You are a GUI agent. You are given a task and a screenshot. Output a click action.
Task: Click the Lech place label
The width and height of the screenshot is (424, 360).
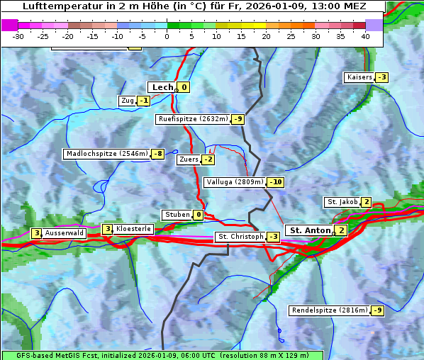tap(162, 87)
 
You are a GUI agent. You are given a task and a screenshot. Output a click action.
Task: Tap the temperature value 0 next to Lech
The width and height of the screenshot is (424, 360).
tap(184, 87)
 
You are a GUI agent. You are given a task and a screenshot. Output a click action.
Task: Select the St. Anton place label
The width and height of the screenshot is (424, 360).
tap(311, 230)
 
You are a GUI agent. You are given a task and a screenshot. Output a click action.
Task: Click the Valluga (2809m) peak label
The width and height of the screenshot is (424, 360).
tap(235, 182)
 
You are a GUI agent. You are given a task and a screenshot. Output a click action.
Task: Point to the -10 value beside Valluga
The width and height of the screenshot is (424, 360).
tap(276, 182)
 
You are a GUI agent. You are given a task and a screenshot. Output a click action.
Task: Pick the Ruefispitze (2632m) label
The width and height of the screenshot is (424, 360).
tap(193, 119)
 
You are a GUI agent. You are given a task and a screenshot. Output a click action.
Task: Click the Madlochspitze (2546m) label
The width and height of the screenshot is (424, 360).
tap(107, 154)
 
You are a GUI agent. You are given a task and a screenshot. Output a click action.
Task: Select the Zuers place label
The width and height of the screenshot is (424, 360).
tap(189, 159)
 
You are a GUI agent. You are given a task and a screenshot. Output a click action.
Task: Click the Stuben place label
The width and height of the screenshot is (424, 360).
tap(177, 215)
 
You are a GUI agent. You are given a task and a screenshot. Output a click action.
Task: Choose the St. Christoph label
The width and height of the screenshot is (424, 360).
tap(240, 237)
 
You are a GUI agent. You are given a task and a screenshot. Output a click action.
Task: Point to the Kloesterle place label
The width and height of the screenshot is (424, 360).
tap(133, 229)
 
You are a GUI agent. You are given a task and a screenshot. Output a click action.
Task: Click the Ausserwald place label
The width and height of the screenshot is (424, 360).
tap(65, 233)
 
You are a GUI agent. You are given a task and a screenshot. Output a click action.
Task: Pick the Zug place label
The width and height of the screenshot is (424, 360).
tap(128, 101)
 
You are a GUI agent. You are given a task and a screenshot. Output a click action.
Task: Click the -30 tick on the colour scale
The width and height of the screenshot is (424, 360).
tap(18, 35)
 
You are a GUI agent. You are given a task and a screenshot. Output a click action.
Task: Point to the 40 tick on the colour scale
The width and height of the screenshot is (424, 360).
tap(365, 35)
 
